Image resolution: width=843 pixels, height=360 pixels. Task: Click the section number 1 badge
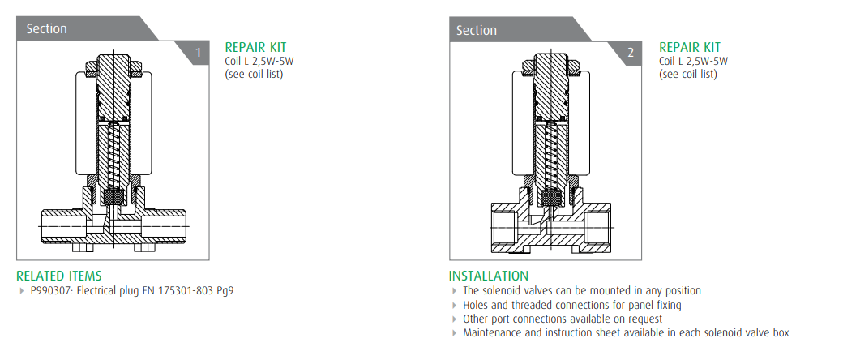pyautogui.click(x=197, y=53)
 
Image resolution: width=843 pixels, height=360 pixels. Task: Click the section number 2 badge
pyautogui.click(x=630, y=53)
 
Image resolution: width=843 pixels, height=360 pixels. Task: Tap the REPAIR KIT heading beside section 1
pyautogui.click(x=255, y=47)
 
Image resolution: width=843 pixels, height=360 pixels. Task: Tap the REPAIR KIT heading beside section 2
pyautogui.click(x=690, y=47)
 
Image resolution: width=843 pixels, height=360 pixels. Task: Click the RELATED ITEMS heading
pyautogui.click(x=58, y=276)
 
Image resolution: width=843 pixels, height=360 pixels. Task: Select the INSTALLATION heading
pyautogui.click(x=489, y=276)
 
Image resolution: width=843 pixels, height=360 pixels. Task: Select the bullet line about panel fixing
pyautogui.click(x=572, y=305)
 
